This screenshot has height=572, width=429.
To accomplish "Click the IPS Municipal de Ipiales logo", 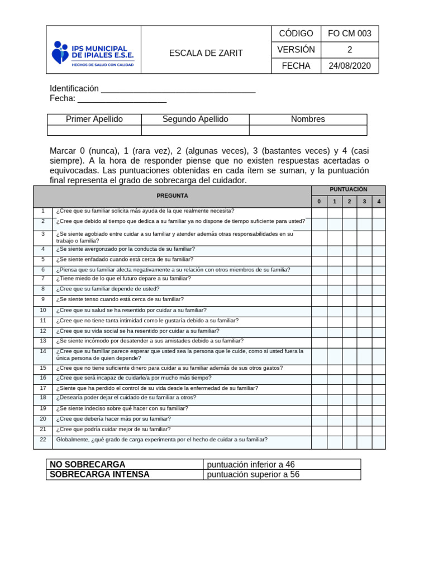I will click(93, 53).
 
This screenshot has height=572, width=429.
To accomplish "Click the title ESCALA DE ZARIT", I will click(206, 53).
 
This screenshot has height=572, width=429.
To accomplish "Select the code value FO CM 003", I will click(350, 34).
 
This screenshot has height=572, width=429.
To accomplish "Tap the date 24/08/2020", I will click(350, 66).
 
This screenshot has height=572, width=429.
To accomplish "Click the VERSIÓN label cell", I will click(296, 50).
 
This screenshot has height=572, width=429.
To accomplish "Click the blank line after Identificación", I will click(178, 89).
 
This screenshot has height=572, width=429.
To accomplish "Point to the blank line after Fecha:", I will click(122, 99).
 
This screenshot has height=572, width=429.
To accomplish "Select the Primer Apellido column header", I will click(94, 119).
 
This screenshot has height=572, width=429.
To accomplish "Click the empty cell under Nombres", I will click(308, 130).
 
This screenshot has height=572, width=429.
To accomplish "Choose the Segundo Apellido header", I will click(195, 119).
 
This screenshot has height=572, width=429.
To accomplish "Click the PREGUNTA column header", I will click(172, 196).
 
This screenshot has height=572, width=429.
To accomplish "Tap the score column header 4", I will click(379, 202).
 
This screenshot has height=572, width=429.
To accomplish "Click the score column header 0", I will click(319, 202).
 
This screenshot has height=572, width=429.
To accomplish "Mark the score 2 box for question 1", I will click(349, 212).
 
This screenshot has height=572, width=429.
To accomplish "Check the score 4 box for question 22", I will click(379, 442).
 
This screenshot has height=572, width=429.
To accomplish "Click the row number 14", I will click(43, 351).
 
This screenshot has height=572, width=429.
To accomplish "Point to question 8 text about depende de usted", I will click(108, 289).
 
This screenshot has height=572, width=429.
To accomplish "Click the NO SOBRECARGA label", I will click(88, 464).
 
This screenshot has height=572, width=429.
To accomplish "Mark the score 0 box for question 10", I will click(319, 311).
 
